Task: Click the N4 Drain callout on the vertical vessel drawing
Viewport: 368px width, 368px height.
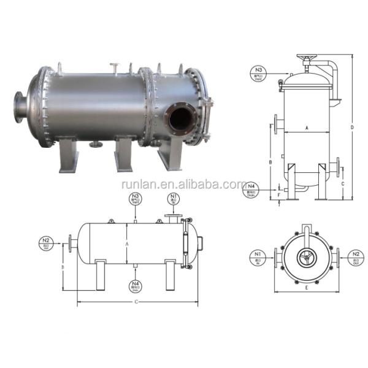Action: [x=251, y=186]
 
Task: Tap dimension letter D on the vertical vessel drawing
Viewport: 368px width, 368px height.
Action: [x=351, y=128]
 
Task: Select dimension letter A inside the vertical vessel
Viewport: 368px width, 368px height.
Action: [x=306, y=128]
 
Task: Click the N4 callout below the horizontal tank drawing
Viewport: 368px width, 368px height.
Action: [x=135, y=285]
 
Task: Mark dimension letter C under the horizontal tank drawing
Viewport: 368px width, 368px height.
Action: [x=136, y=302]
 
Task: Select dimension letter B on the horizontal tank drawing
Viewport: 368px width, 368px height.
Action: [x=63, y=267]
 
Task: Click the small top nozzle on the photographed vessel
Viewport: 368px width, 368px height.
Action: [x=114, y=66]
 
